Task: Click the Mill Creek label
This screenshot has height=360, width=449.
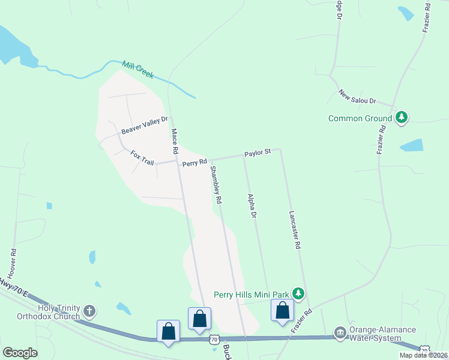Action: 138,70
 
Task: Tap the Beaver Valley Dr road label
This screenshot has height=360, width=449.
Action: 145,125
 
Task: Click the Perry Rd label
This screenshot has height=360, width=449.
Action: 194,162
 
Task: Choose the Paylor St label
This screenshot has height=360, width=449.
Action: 258,154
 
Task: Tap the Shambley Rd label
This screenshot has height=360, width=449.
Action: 215,184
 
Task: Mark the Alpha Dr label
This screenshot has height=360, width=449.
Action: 252,206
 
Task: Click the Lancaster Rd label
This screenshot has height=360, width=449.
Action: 294,229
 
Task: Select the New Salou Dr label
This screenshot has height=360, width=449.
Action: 357,97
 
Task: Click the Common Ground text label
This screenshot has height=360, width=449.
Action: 360,118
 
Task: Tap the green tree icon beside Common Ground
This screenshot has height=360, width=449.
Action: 401,118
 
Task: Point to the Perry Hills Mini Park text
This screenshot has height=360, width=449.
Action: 252,295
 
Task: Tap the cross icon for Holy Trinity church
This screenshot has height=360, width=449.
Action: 89,311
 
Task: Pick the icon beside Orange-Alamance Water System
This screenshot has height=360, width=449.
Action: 340,332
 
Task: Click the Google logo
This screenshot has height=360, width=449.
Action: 20,353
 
